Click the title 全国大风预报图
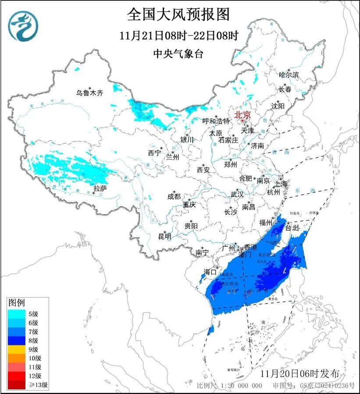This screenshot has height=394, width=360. tap(178, 14)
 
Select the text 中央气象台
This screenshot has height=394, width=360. tap(178, 54)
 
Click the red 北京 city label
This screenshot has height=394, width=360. tap(242, 115)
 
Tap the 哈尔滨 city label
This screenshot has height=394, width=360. tap(289, 75)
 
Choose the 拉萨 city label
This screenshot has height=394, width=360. tap(100, 188)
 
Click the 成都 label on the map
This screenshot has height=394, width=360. tap(174, 197)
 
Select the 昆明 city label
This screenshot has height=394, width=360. tap(165, 237)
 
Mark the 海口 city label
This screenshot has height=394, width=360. tap(210, 272)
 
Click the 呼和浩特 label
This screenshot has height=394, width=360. tap(216, 121)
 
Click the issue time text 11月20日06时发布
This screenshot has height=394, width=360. tap(299, 374)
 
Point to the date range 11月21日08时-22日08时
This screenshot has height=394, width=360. tap(178, 35)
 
